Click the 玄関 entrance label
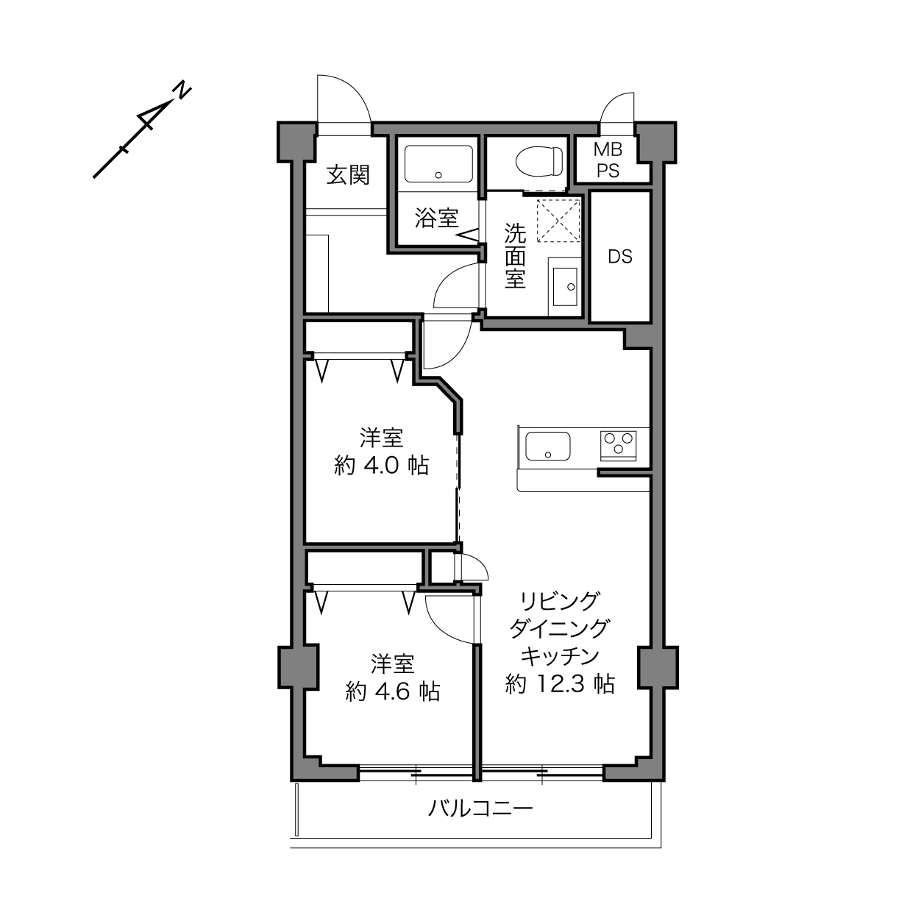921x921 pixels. point(349,175)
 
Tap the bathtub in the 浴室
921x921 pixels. point(438,163)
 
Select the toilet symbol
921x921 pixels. point(539,161)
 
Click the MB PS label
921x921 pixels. point(608,160)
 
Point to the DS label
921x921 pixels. point(620,257)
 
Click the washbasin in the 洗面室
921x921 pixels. point(564,287)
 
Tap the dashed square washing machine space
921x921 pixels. point(558,221)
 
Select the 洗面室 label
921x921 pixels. point(515,256)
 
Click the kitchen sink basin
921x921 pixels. point(548,446)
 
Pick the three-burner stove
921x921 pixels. point(619,446)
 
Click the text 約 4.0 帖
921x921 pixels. point(381,465)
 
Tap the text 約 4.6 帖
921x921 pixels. point(392,691)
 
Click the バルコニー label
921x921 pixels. point(480,808)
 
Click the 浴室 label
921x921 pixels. point(436,218)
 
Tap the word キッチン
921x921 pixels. point(560,656)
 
